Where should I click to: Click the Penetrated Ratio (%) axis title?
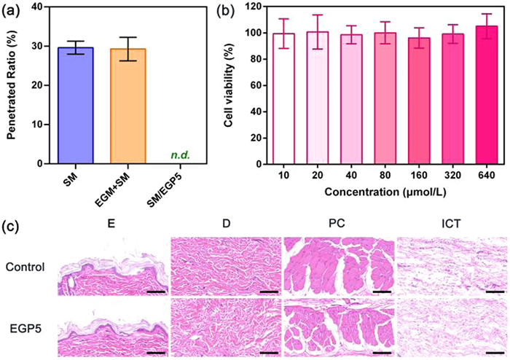tap(14, 84)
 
